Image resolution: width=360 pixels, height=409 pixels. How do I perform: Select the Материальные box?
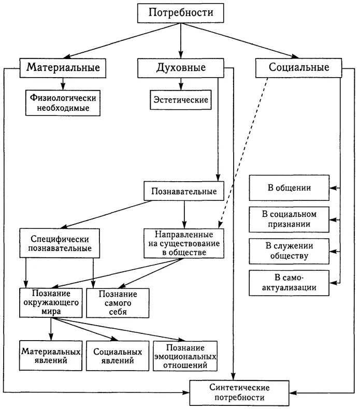pos(63,68)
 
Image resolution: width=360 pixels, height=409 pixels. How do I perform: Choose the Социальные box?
pos(299,68)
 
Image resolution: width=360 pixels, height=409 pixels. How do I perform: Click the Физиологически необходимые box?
pos(62,102)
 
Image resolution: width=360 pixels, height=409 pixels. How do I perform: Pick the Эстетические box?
pos(180,99)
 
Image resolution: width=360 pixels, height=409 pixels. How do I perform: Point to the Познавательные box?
pos(184,192)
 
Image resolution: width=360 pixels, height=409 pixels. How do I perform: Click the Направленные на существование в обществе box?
pos(184,243)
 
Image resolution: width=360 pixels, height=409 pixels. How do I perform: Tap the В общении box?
pos(289,188)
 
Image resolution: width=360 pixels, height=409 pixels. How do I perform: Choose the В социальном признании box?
pos(289,219)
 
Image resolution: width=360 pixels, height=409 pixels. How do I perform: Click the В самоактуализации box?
pos(289,282)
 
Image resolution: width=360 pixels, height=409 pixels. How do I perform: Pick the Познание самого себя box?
pos(119,303)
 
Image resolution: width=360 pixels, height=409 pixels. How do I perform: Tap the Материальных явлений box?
pos(51,356)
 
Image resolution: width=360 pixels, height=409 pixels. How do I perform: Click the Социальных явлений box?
pos(118,356)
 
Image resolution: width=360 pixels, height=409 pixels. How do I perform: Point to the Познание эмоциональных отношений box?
pos(185,356)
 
